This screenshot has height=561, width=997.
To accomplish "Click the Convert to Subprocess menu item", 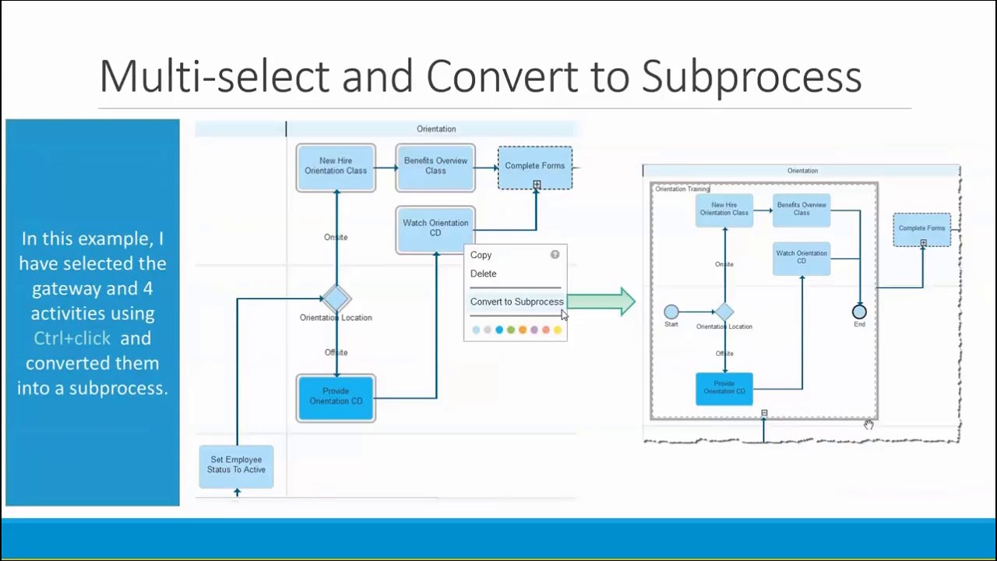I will (516, 302).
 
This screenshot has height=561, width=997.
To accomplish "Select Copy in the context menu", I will (481, 255).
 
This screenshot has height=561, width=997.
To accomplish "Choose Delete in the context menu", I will (483, 273).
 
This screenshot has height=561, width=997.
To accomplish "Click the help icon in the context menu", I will (555, 255).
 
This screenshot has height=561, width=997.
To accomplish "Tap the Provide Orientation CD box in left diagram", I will (336, 397).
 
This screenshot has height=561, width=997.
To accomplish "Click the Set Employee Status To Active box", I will (237, 465).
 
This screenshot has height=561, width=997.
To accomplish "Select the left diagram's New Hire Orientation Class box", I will (336, 167).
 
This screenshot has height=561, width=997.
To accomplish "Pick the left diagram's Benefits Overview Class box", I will (435, 167).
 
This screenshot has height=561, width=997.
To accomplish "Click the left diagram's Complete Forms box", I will (535, 167).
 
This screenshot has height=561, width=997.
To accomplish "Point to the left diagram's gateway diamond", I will (336, 298).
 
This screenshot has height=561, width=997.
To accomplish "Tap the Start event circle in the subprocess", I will (671, 312).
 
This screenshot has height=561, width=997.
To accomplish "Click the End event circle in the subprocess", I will (859, 312).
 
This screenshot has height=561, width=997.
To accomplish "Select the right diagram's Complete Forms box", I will (921, 229).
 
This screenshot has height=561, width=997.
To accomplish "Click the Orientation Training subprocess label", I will (682, 189).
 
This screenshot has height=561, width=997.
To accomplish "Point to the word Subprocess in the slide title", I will (751, 76).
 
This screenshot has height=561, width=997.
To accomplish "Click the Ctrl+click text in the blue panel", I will (72, 338).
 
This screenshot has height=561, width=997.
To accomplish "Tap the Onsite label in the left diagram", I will (336, 237).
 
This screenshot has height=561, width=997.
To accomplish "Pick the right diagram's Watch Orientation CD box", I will (801, 258).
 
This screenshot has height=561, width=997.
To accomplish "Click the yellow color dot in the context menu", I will (558, 330).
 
